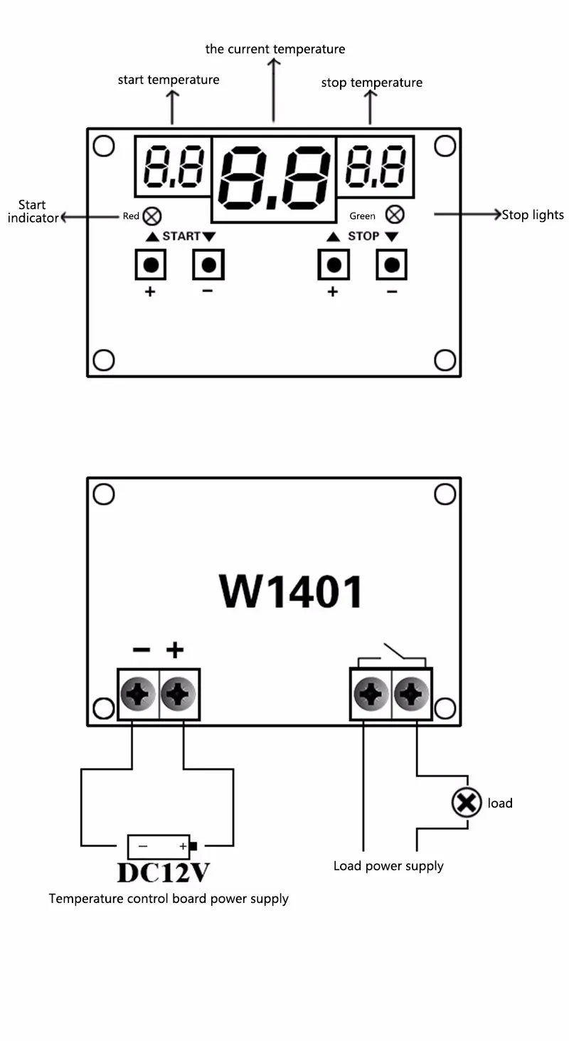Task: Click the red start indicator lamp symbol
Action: coord(151,216)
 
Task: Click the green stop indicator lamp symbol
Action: coord(395,214)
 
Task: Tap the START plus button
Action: coord(150,265)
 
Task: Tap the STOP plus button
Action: coord(333,265)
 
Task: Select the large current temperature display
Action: coord(274,179)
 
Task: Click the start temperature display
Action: coord(173,167)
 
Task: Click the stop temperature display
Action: coord(376,166)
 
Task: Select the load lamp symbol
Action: coord(466,803)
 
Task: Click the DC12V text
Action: coord(164,872)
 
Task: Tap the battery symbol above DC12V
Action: coord(160,847)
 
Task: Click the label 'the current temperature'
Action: coord(275,49)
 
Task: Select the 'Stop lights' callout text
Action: coord(533,215)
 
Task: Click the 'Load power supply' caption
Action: coord(388,866)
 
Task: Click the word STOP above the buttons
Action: coord(363,236)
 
